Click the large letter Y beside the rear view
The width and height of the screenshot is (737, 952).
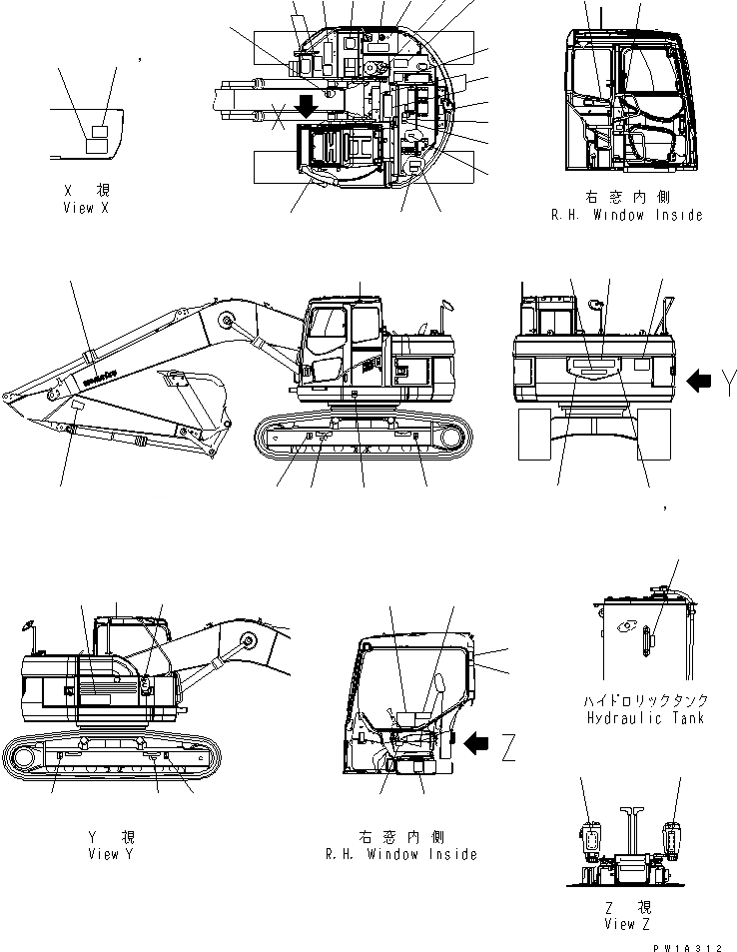[729, 380]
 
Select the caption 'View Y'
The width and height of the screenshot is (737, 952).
[111, 854]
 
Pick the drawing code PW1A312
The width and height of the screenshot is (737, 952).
[688, 945]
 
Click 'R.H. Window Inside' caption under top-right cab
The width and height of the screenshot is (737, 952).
[626, 215]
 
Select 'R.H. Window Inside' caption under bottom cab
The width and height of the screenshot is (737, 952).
[400, 854]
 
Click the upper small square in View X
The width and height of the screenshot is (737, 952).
[100, 131]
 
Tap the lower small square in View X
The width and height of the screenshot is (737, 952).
[93, 147]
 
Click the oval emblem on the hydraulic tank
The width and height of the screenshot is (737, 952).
[628, 627]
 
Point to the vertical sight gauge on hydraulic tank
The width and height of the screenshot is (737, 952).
[648, 640]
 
